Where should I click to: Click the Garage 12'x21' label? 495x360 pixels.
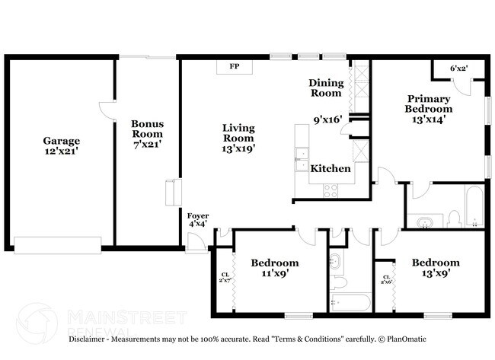coord(61,146)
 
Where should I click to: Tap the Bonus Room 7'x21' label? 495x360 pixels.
coord(147,133)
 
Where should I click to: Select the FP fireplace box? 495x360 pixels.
coord(235,67)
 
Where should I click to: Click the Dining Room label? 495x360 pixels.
coord(325,88)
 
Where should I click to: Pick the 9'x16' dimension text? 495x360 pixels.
coord(328,118)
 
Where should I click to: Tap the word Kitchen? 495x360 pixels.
coord(331,168)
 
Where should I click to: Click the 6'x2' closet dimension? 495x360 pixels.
coord(458,68)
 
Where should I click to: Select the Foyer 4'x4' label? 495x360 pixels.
coord(197,220)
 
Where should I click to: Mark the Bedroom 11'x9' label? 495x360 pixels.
coord(275,268)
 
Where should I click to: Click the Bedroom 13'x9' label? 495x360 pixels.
coord(436,268)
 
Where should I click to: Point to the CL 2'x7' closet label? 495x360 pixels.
coord(225,279)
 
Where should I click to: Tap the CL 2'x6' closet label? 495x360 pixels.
coord(386,280)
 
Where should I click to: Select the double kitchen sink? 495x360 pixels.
coord(302,159)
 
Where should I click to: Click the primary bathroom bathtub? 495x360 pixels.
coord(474,205)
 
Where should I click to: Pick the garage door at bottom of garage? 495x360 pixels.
coord(57,244)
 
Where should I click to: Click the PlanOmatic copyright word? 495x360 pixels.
coord(404,339)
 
